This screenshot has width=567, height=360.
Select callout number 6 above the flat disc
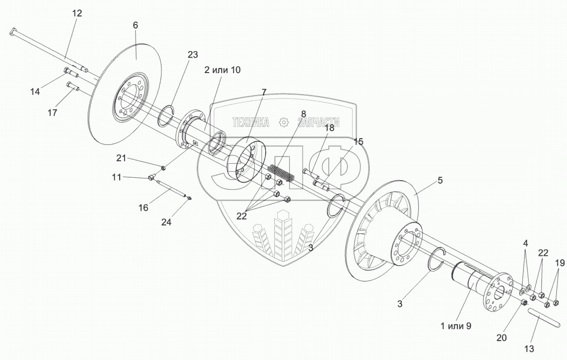point(136,25)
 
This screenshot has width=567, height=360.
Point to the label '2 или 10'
point(222,70)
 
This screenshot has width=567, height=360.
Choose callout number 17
point(53,113)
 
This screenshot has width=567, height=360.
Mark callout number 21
point(121,158)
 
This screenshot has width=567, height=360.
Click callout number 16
point(143,207)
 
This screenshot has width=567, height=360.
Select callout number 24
point(166,222)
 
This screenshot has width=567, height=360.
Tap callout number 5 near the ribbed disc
point(440,180)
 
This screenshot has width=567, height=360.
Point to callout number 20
point(501,338)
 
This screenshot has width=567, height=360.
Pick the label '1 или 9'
point(456,325)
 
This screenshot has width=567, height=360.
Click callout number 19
point(559,262)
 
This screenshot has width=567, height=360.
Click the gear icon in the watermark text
point(284,122)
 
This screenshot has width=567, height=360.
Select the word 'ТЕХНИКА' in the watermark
point(250,122)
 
